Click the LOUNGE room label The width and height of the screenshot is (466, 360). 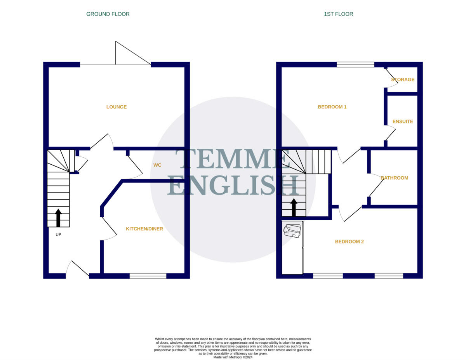116,107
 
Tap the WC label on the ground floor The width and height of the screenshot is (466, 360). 157,165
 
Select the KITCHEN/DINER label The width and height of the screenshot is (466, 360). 144,229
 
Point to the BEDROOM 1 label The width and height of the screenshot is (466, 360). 332,107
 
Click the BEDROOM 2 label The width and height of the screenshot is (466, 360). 349,242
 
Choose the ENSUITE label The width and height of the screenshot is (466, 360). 403,122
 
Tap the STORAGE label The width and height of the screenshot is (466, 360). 403,80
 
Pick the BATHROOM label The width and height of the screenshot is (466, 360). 394,178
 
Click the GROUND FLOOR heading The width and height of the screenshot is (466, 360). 108,14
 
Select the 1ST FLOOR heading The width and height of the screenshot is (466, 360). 339,14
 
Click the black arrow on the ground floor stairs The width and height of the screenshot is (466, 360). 58,217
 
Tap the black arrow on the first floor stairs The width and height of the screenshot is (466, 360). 294,207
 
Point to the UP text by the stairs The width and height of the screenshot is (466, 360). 58,235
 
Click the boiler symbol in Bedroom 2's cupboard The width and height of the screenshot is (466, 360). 292,230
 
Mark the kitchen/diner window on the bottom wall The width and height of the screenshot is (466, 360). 148,276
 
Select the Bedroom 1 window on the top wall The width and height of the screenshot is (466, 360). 355,64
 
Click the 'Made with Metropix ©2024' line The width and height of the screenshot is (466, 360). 233,357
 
